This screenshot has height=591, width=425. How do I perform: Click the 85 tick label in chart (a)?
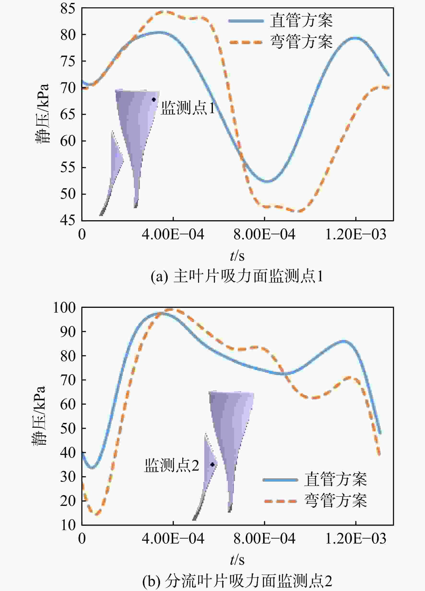68,8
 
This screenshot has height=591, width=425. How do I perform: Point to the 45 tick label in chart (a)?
68,220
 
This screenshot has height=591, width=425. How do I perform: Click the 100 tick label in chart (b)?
64,308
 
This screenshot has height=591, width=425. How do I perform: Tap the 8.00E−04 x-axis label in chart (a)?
264,235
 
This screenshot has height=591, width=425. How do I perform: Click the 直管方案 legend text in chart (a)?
301,20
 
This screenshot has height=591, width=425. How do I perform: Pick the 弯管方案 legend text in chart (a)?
301,42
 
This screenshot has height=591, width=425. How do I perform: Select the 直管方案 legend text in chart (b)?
336,480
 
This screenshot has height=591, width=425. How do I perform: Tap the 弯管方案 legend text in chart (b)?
336,501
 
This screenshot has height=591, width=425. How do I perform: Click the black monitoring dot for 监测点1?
153,99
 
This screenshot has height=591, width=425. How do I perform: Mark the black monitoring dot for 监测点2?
212,464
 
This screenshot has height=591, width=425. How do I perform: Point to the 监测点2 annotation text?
172,465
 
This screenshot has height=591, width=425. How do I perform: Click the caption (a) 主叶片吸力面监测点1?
237,276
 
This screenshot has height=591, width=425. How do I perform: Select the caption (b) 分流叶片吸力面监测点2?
237,581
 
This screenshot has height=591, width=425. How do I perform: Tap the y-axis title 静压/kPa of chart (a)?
42,114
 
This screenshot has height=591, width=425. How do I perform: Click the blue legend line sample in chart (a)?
246,21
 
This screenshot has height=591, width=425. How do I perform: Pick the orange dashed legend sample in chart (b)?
280,501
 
